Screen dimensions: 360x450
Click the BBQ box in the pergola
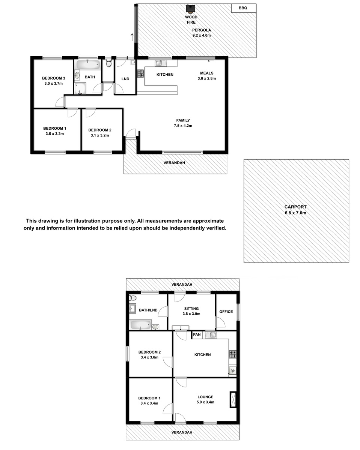[244, 8]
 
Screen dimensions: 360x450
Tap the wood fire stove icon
[190, 9]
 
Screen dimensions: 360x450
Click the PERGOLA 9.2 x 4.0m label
[202, 33]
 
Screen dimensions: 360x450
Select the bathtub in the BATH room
[88, 65]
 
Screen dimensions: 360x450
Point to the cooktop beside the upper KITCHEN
[140, 73]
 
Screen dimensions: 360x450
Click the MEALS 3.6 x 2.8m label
[206, 76]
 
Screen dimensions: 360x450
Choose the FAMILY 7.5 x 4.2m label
[183, 123]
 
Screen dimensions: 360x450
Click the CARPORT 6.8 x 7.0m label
[295, 210]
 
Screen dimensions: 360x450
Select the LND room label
[125, 79]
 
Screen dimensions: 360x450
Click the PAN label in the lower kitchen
[197, 334]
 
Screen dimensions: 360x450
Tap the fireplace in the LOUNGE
[233, 399]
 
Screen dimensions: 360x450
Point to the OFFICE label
[226, 312]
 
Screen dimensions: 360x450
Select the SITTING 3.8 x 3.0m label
[191, 311]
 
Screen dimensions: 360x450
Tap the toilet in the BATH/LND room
[133, 298]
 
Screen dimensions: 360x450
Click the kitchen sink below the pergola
[161, 63]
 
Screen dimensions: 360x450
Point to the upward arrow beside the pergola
[132, 37]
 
